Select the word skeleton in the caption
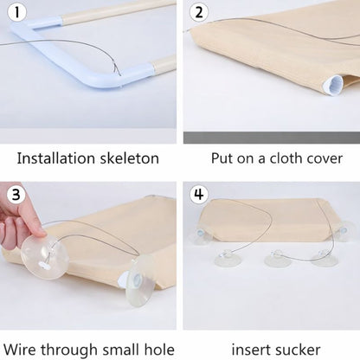click(x=130, y=158)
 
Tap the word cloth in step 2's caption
click(x=278, y=158)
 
